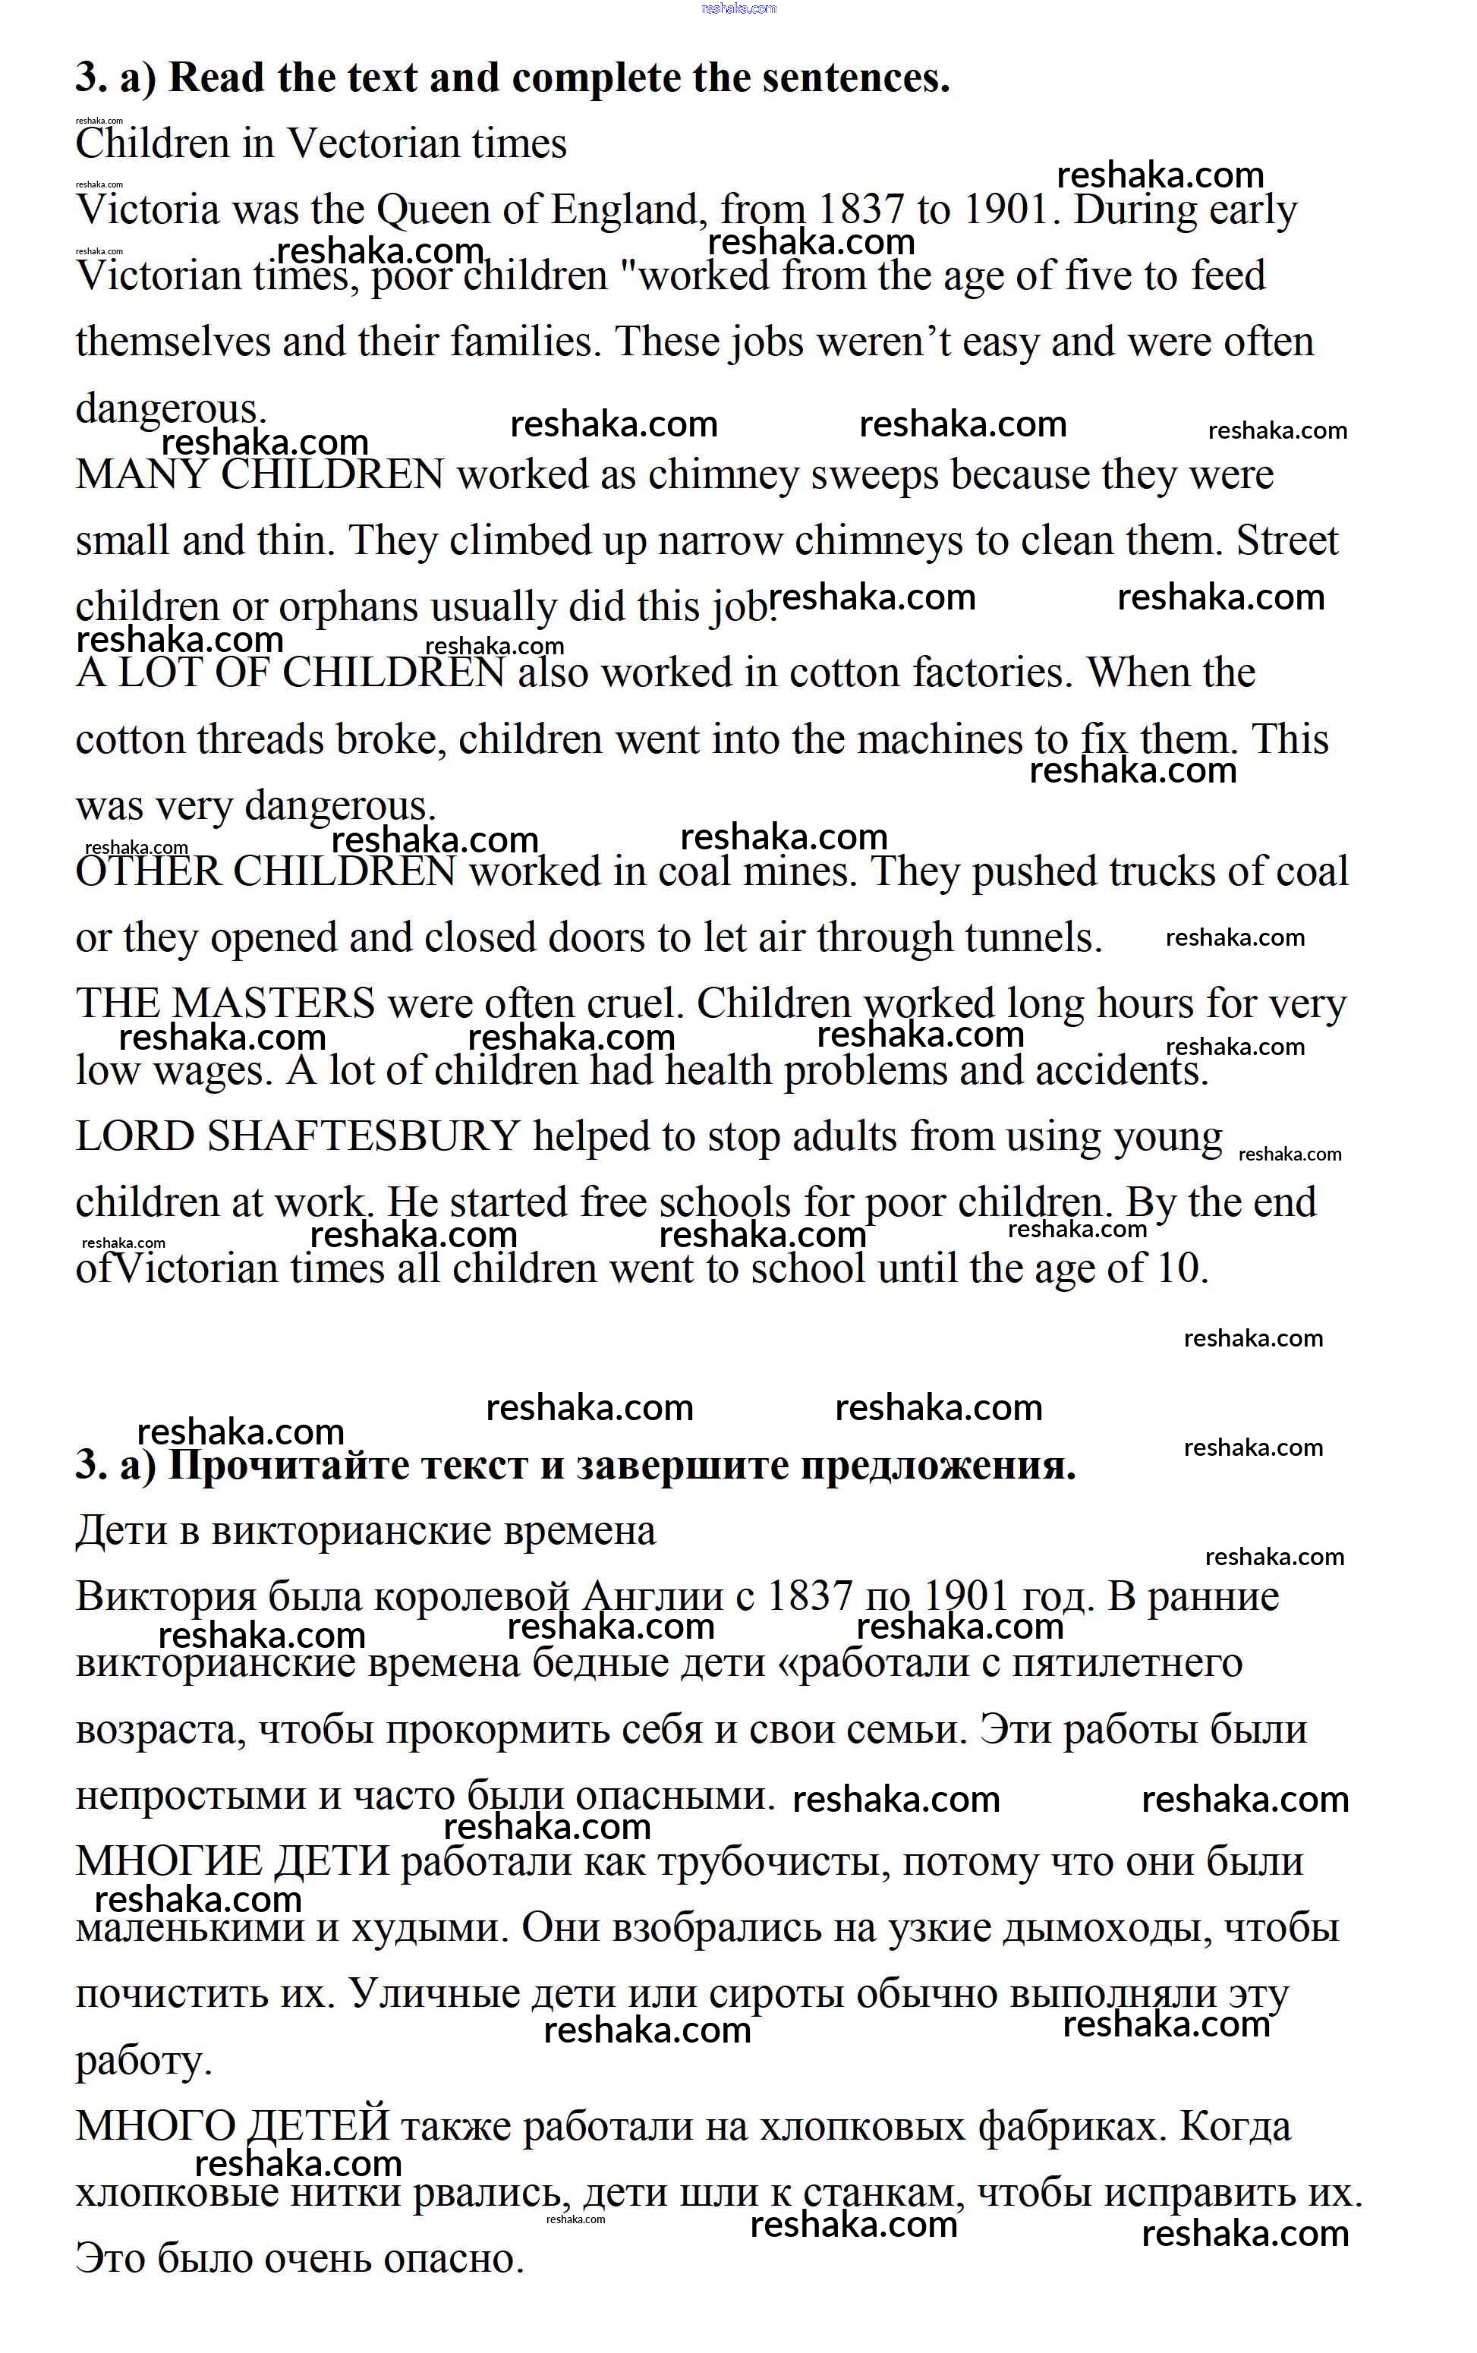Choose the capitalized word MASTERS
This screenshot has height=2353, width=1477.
(272, 1004)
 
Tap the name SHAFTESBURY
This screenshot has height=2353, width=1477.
(364, 1137)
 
